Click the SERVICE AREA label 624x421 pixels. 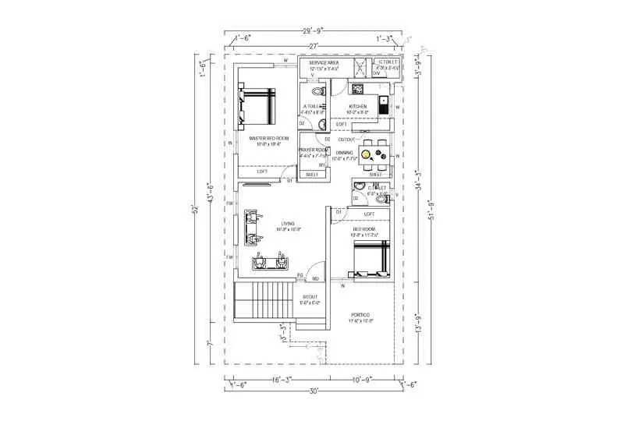[x=324, y=62]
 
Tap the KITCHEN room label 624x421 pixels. [x=358, y=106]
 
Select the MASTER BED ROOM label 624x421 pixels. [x=269, y=138]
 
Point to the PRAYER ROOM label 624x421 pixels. [x=312, y=150]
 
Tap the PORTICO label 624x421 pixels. [x=360, y=314]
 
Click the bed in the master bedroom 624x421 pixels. [x=258, y=106]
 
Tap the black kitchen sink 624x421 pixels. [x=383, y=101]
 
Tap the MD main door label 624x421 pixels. [x=316, y=278]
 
